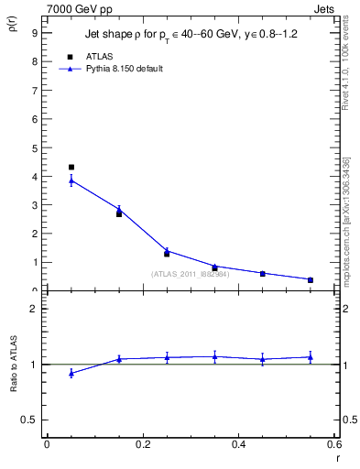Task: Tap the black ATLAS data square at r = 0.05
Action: (x=71, y=168)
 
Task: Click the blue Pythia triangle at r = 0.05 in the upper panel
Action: (x=71, y=180)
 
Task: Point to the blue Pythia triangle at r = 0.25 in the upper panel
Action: (x=167, y=250)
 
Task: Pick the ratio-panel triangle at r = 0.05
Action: (x=71, y=373)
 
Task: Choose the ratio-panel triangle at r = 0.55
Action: (x=311, y=356)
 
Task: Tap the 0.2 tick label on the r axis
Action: (x=142, y=444)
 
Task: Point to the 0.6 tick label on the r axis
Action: (x=333, y=444)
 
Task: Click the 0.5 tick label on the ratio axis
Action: (x=29, y=420)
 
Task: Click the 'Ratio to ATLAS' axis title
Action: (x=13, y=365)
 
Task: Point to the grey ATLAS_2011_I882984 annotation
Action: (x=190, y=273)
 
